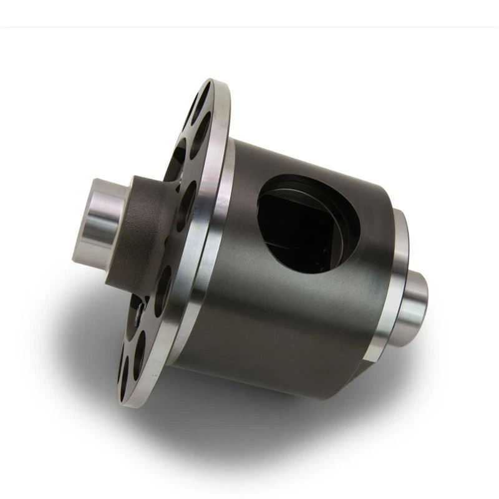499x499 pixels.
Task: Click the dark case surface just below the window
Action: click(x=293, y=312)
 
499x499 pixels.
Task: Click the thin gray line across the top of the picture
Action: click(x=249, y=27)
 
